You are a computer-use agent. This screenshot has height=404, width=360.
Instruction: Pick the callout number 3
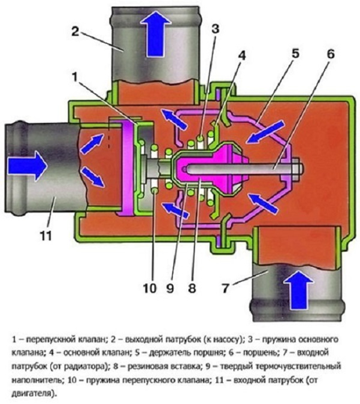215,28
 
